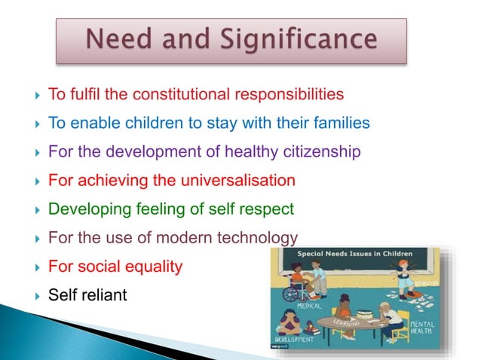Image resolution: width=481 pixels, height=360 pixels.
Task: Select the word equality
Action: coord(155,267)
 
